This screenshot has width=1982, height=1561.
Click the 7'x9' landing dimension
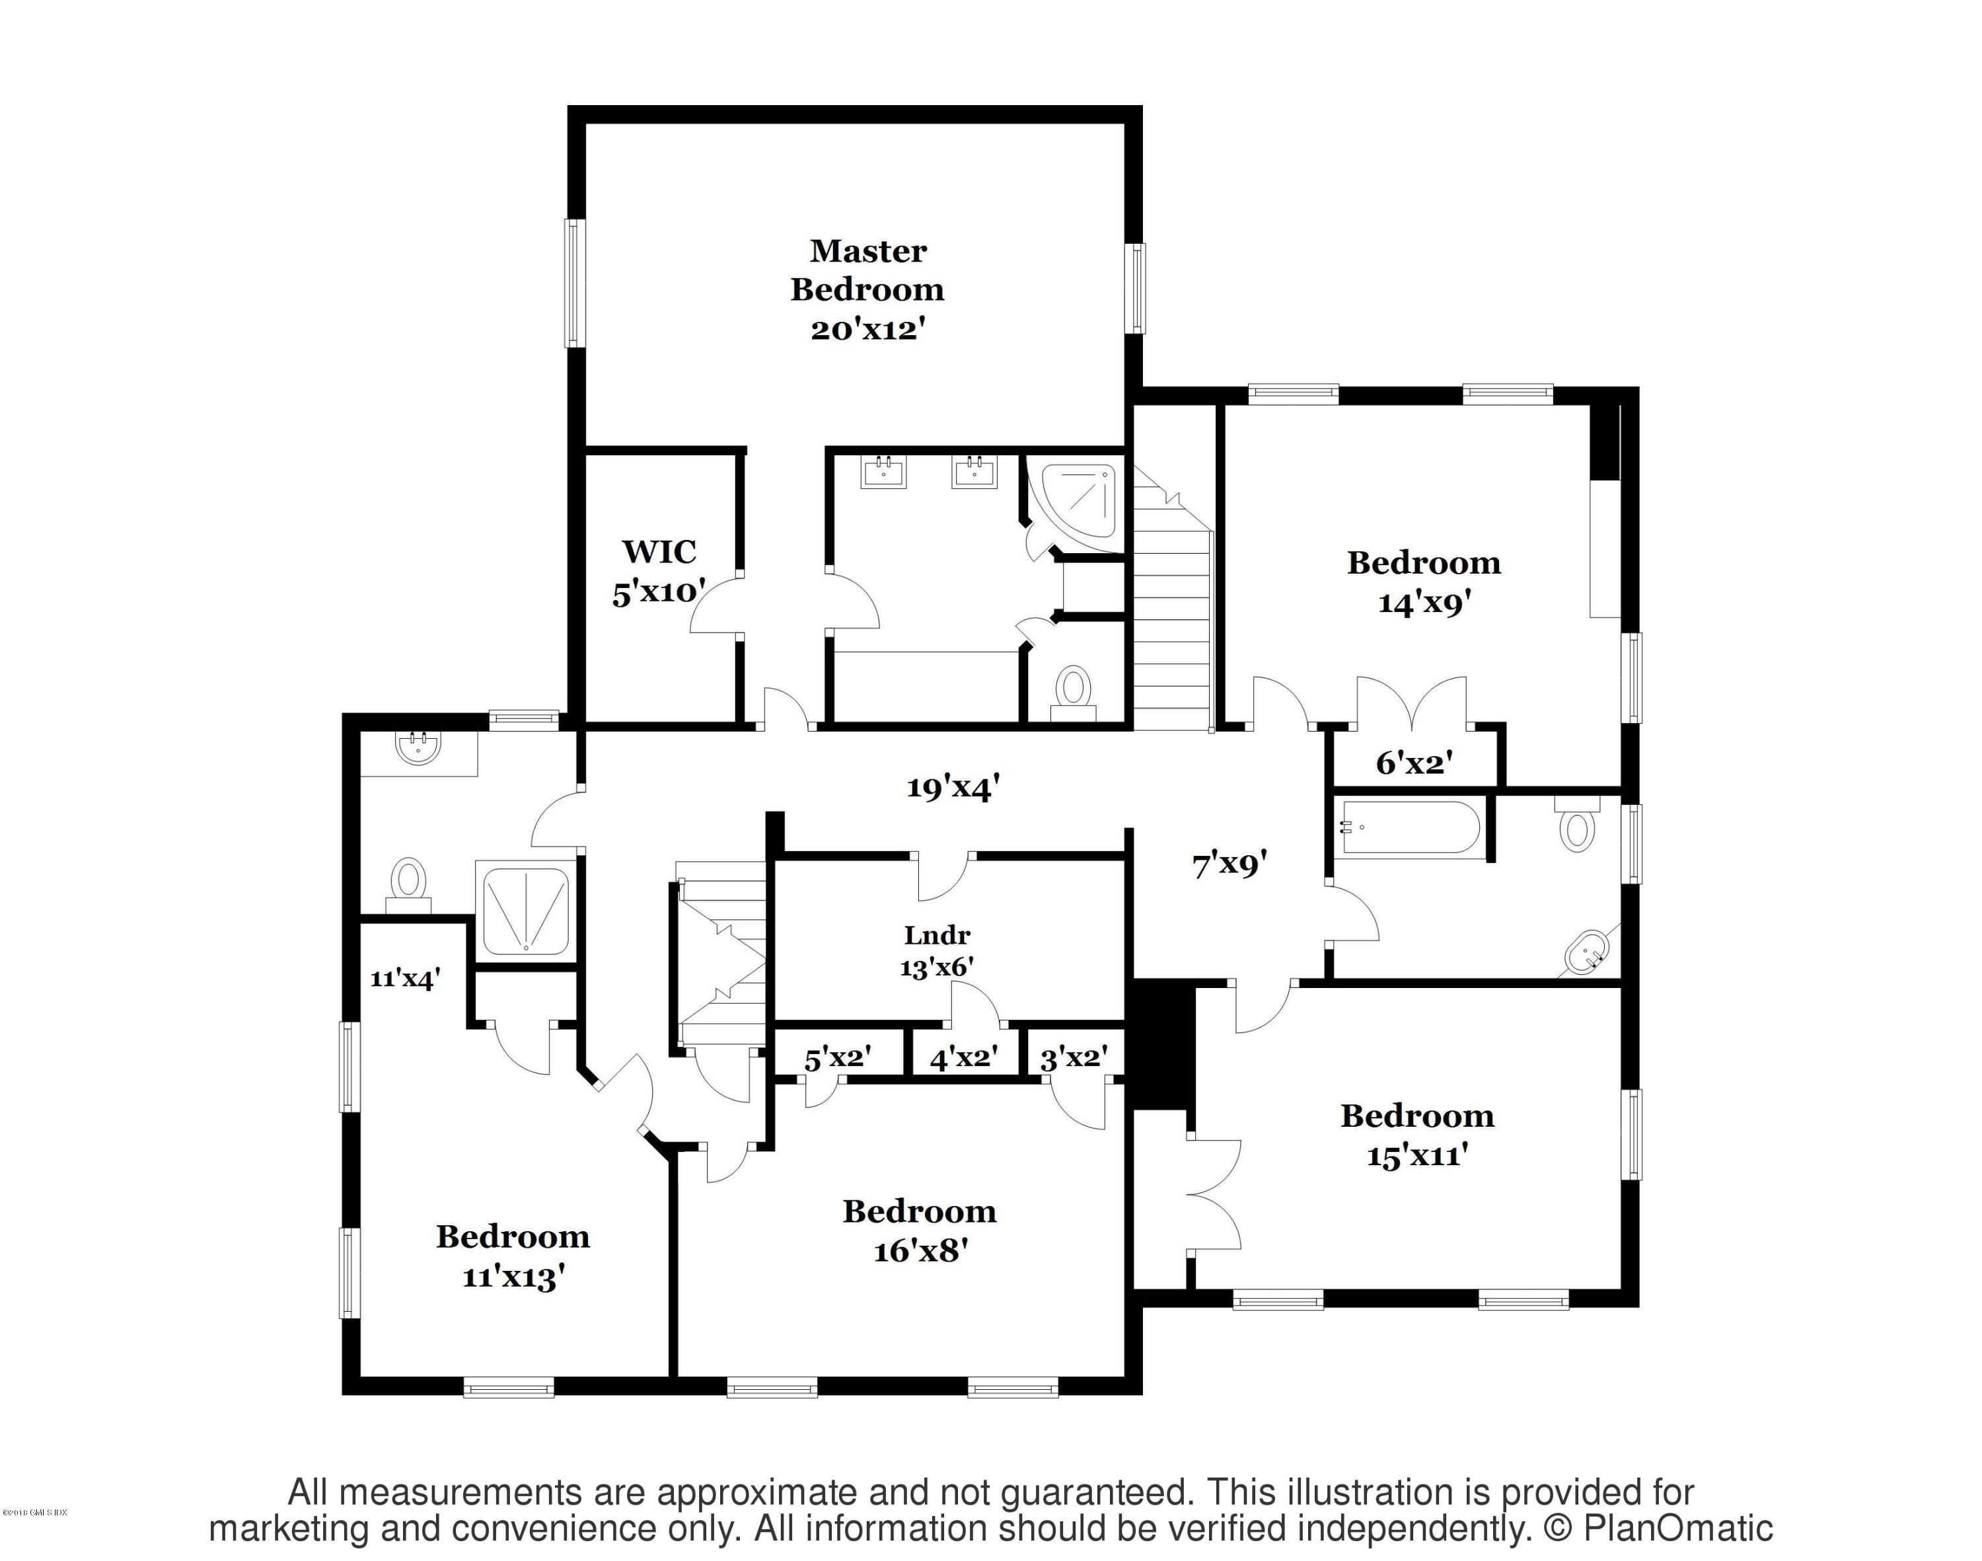(1229, 864)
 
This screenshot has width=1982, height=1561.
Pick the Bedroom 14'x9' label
(1424, 582)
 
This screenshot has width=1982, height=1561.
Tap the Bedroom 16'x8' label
(919, 1230)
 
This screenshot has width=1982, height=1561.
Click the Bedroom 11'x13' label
(513, 1256)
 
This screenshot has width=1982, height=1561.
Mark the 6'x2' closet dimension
(1414, 762)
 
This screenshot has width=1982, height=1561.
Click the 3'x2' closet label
(1074, 1059)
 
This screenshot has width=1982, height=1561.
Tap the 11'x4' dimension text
(405, 979)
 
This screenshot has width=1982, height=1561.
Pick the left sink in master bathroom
(883, 473)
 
